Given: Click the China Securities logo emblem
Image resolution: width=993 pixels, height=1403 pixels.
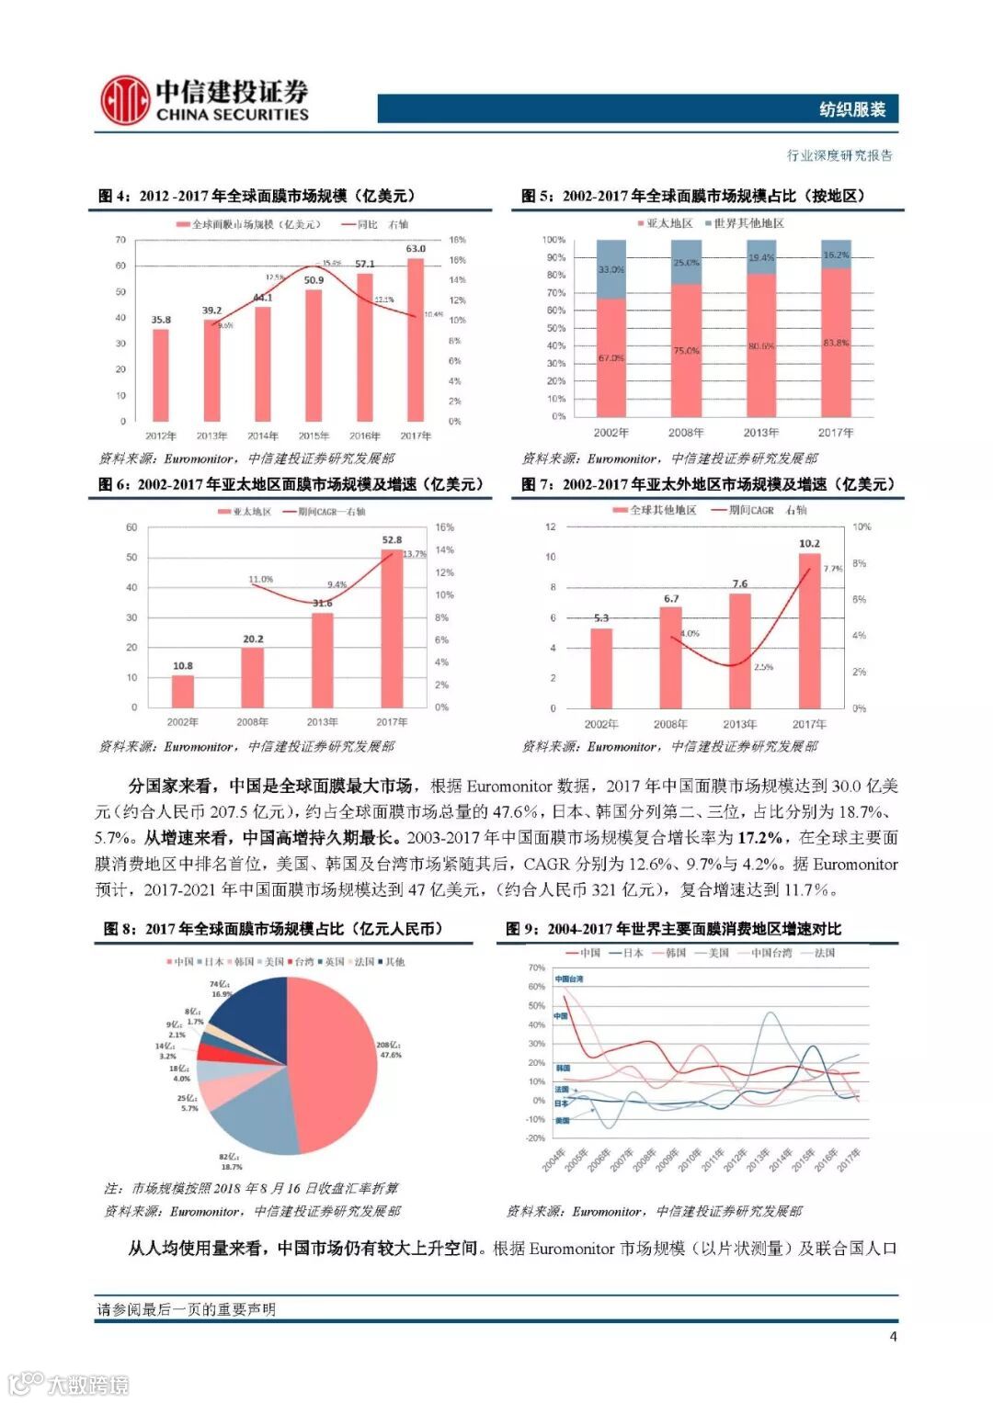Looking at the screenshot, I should pos(125,100).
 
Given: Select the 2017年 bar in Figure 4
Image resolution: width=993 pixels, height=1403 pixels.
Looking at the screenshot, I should pos(416,339).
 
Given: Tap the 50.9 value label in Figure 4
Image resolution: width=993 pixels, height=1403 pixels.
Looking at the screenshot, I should pos(314,280).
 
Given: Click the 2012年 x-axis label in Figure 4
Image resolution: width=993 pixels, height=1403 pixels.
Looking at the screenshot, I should pos(161,436).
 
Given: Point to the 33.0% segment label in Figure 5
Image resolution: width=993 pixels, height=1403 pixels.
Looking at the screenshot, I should pos(611,269).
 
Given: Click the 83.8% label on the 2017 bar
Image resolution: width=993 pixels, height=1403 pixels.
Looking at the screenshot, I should pos(836,343).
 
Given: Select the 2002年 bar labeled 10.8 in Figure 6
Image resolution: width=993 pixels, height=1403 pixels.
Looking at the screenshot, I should pos(183,691).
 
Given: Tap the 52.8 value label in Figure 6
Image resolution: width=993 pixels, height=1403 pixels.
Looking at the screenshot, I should pos(392,539).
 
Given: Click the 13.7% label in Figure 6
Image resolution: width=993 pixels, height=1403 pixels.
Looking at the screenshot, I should pos(415,554).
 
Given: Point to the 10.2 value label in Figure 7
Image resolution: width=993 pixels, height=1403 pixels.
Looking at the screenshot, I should pos(809,543).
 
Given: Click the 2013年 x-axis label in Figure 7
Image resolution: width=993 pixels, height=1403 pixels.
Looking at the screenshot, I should pos(740,724).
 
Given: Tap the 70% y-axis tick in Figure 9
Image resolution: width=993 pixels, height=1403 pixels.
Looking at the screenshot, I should pos(536,967).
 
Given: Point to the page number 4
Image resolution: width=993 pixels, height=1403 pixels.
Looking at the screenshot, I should pos(893,1337).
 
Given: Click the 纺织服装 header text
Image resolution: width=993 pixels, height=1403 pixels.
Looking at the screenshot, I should pos(852,109).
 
